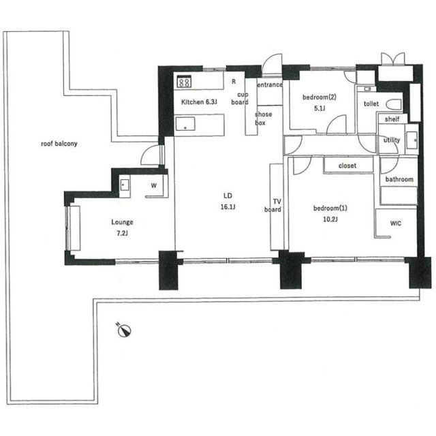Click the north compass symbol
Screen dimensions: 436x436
(123, 330)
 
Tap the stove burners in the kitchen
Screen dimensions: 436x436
(184, 82)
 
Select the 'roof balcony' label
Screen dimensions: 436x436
(59, 144)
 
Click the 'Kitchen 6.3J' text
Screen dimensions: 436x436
(199, 102)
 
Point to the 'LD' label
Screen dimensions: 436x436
(228, 196)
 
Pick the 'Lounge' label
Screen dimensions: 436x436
(122, 222)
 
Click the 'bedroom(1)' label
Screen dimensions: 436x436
(330, 208)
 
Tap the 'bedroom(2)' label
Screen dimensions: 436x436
(320, 97)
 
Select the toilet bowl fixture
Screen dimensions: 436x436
(394, 104)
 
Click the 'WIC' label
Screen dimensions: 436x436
(395, 223)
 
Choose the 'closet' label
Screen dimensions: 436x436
(347, 166)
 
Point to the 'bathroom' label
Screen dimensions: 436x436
(399, 179)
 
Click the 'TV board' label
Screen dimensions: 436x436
(273, 206)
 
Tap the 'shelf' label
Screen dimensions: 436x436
(392, 119)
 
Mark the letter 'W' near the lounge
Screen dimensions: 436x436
(154, 185)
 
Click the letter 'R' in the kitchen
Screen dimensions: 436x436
(234, 82)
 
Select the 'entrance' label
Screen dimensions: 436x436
(270, 84)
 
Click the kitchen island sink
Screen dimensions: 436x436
(185, 124)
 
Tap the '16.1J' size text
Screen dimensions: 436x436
(228, 207)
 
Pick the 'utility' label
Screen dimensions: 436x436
(392, 140)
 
